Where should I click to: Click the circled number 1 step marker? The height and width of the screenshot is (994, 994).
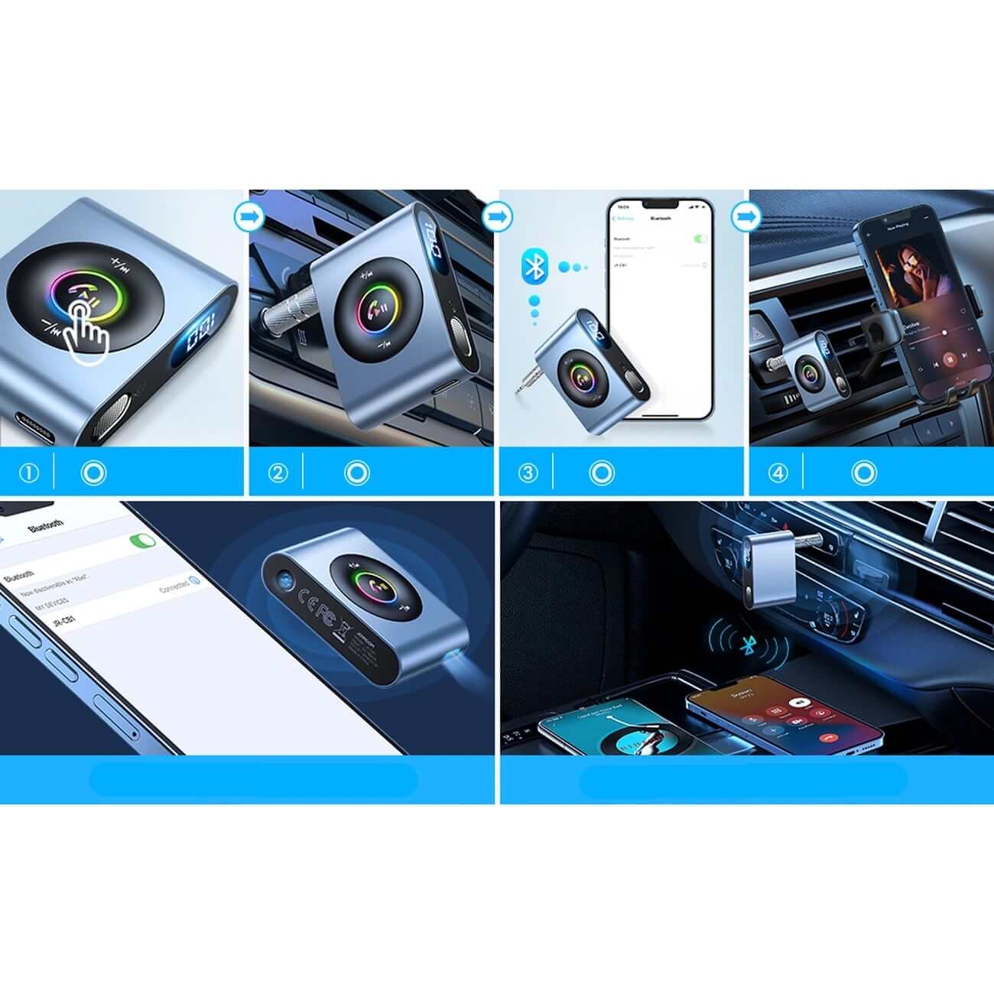(28, 473)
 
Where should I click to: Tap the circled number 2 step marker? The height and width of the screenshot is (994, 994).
(278, 473)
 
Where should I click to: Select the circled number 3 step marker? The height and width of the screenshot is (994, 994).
(528, 473)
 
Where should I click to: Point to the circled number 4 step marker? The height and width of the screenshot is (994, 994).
(778, 473)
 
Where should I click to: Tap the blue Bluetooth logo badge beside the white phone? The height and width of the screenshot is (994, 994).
(536, 268)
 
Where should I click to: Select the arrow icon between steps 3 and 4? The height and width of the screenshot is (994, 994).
(744, 216)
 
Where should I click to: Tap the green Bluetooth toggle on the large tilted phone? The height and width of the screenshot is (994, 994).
(143, 541)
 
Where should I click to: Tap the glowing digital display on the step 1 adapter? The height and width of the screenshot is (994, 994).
(198, 333)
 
